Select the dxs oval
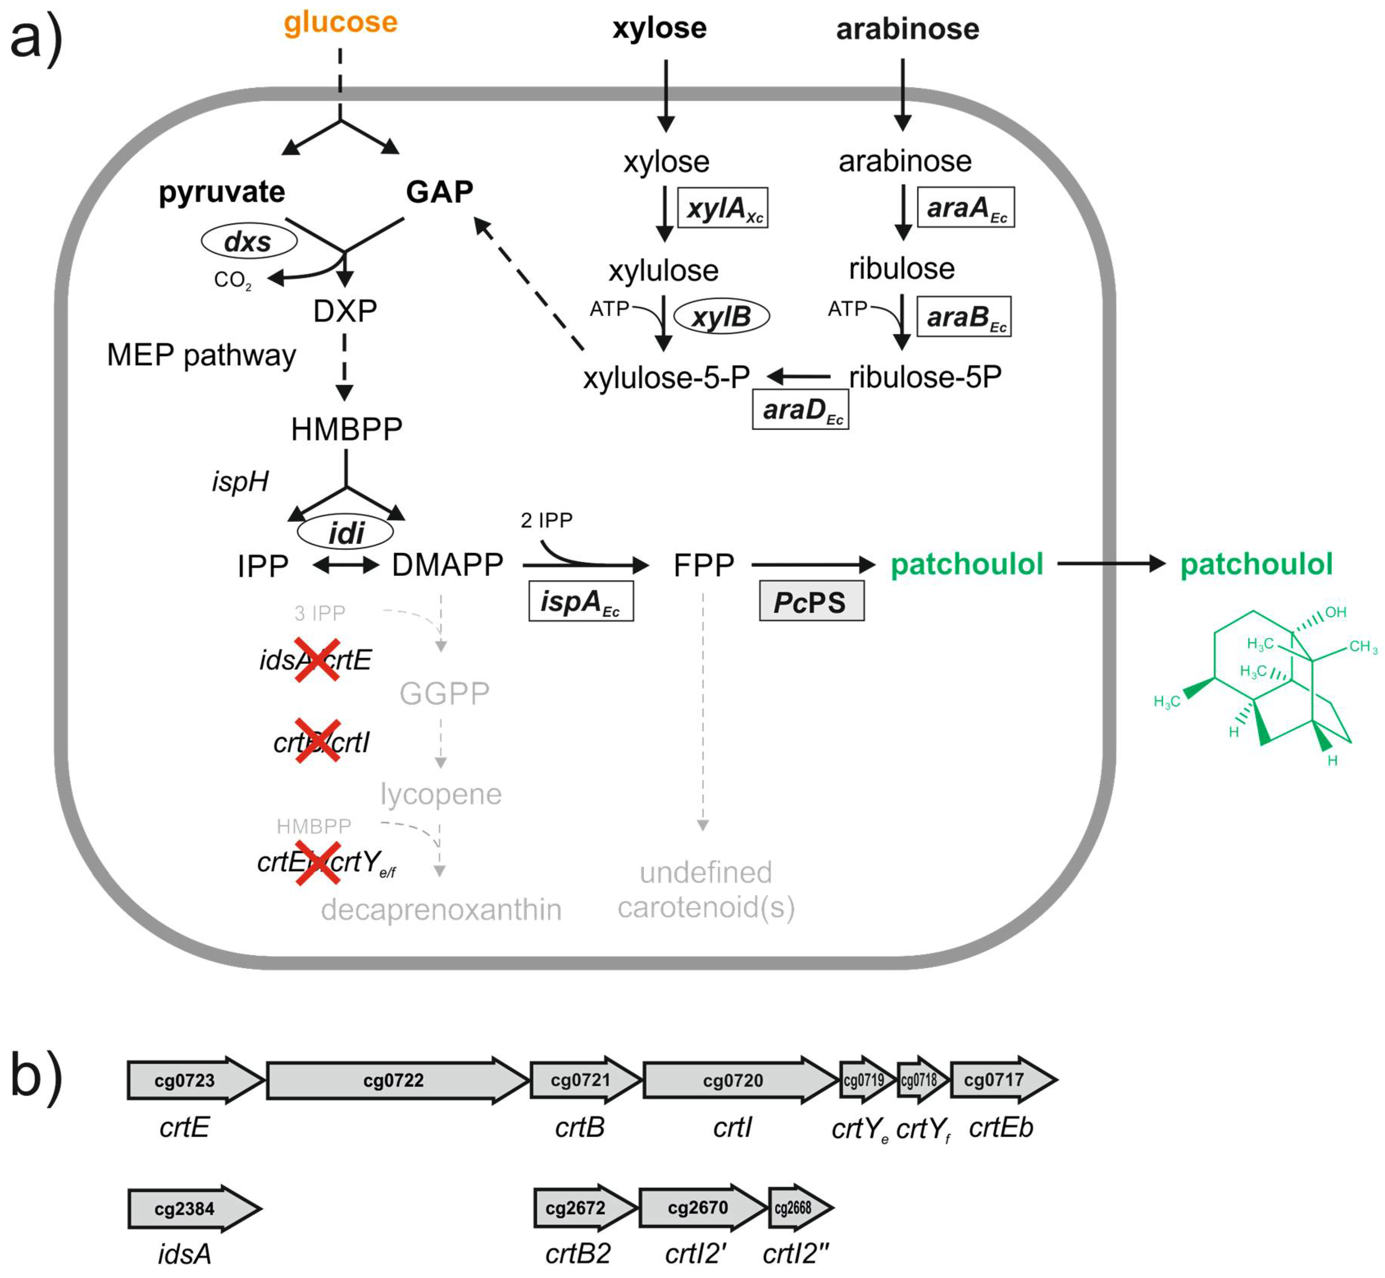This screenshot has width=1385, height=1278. (249, 241)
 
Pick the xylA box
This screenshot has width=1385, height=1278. (722, 207)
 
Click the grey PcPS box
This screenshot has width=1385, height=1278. (811, 601)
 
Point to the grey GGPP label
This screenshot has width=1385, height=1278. (444, 693)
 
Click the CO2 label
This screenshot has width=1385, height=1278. (232, 280)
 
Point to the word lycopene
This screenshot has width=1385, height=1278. (440, 794)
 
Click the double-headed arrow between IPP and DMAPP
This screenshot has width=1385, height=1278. (346, 566)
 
